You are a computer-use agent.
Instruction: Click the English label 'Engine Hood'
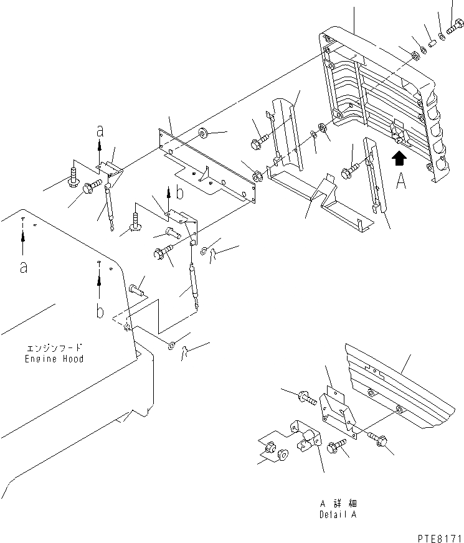click(54, 359)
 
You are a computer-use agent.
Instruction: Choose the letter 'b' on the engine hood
click(100, 310)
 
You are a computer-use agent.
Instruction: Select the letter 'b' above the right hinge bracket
click(179, 194)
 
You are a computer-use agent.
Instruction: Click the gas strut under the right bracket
click(194, 283)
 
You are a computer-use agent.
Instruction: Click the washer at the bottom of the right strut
click(172, 345)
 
